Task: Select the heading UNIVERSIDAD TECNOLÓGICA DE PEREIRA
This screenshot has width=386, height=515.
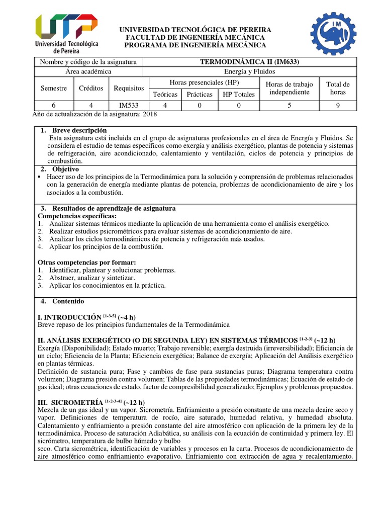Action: coord(196,30)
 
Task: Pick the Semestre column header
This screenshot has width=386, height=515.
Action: coord(53,88)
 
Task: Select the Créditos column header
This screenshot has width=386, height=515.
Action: coord(91,88)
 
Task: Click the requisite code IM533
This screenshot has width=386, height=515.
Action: coord(129,106)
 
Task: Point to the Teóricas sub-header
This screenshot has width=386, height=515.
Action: coord(165,94)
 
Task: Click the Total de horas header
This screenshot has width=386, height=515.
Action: coord(338,88)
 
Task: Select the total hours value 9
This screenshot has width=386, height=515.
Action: coord(338,106)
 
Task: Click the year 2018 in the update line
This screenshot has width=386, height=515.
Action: coord(150,114)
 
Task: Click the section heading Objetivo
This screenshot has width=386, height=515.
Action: coord(65,169)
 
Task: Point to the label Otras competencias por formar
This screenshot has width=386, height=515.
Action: coord(87,263)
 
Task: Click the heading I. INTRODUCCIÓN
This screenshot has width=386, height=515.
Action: coord(70,317)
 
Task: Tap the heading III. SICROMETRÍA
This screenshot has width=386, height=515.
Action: coord(72,402)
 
